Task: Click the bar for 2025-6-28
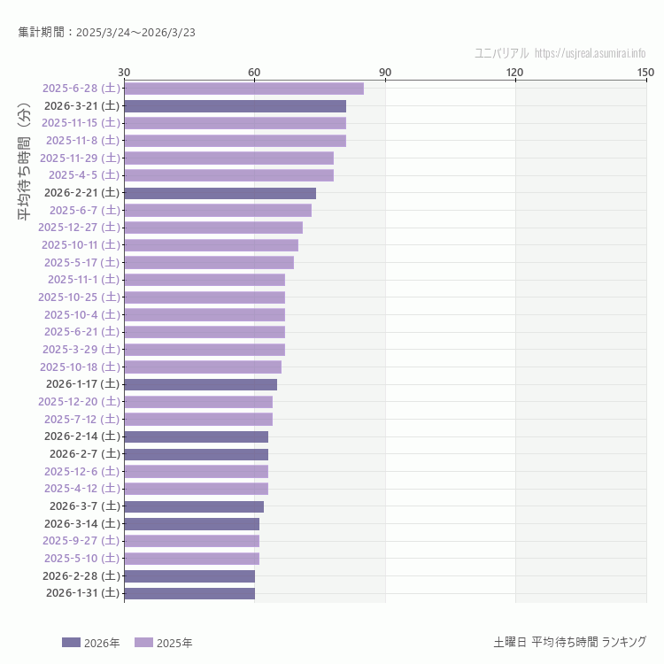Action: (x=243, y=89)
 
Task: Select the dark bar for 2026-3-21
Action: (x=235, y=105)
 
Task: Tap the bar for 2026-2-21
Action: (x=220, y=193)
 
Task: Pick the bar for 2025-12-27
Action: (x=213, y=228)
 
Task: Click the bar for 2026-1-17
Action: (x=200, y=384)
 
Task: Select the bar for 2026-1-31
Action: (x=189, y=593)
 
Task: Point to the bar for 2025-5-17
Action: (x=209, y=262)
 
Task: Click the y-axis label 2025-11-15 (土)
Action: (x=81, y=123)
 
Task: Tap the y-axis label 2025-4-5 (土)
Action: (x=84, y=175)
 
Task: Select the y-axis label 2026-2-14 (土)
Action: (x=81, y=436)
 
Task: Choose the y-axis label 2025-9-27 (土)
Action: (x=81, y=541)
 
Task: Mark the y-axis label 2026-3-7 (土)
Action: (x=84, y=506)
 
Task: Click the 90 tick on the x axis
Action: (x=385, y=72)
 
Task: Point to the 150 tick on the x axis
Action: (x=645, y=72)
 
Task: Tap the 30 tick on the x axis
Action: (x=124, y=72)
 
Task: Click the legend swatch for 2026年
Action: (x=71, y=643)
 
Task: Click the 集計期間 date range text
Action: (x=106, y=33)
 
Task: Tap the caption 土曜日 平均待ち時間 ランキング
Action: (x=569, y=642)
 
